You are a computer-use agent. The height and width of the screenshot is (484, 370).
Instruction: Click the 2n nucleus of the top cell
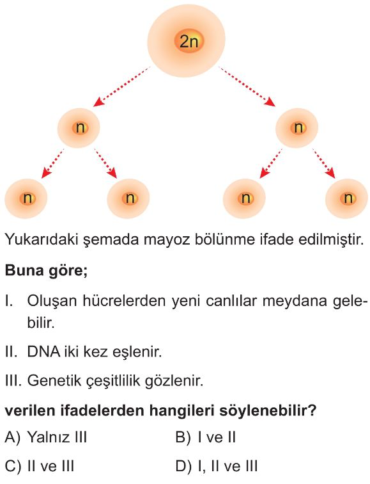[189, 41]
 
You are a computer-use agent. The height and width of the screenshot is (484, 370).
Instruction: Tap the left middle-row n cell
[79, 128]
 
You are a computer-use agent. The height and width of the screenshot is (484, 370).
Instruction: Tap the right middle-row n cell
[297, 128]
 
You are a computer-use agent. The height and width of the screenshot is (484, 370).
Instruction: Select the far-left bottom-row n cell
[26, 198]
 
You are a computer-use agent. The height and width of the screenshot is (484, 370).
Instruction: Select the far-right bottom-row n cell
[347, 198]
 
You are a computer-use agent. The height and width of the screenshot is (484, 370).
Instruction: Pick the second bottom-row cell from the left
[128, 198]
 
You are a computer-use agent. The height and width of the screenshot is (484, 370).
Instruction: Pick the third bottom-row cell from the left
[244, 198]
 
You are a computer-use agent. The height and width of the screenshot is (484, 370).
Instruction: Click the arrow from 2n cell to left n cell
[121, 86]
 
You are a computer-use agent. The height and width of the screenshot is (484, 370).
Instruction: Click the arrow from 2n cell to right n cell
[247, 86]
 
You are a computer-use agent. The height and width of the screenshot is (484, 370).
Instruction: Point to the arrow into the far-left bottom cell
[52, 164]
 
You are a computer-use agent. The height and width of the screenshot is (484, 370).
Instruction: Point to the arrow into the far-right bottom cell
[323, 164]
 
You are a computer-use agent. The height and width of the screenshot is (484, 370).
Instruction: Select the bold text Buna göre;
[46, 271]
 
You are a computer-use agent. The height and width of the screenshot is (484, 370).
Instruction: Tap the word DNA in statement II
[43, 351]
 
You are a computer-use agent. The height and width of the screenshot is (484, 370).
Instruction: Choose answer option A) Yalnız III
[46, 437]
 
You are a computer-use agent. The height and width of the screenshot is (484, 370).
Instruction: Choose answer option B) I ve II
[206, 437]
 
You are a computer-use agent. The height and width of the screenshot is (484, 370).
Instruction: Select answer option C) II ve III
[40, 466]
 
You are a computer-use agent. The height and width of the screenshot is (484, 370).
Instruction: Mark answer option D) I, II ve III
[217, 466]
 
